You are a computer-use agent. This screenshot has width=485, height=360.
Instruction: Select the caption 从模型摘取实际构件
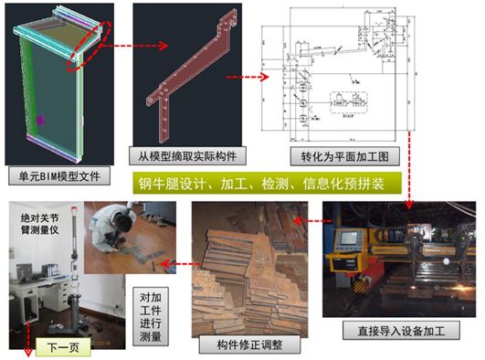coord(183,155)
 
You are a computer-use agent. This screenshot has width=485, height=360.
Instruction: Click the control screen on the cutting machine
coord(351,240)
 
